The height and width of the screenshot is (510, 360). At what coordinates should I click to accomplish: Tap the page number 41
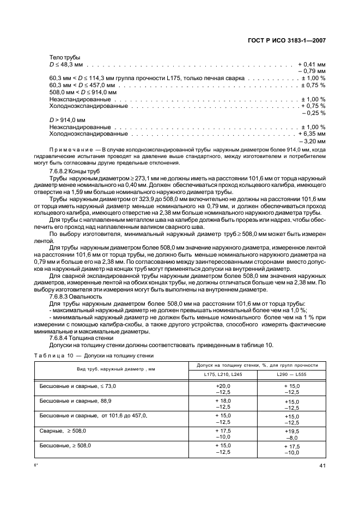pos(321,465)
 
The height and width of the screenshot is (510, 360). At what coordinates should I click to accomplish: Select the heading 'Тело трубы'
pos(65,57)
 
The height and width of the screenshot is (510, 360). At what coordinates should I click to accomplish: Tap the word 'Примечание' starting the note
pos(71,149)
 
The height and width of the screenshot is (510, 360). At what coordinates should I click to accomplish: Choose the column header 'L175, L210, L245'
pos(223,374)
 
